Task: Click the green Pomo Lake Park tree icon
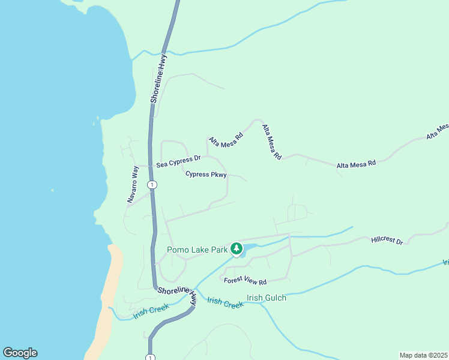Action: [237, 249]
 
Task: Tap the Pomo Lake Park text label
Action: [197, 250]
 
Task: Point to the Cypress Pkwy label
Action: [206, 175]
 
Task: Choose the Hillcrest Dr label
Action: [387, 240]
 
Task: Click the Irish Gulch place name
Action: [267, 298]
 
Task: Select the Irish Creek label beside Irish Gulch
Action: [225, 302]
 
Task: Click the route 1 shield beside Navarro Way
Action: [152, 185]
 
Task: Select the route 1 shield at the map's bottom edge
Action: [149, 357]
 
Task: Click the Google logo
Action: [20, 353]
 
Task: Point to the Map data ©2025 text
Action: [423, 355]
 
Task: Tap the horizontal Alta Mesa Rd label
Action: [356, 163]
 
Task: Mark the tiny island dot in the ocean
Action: [52, 190]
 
